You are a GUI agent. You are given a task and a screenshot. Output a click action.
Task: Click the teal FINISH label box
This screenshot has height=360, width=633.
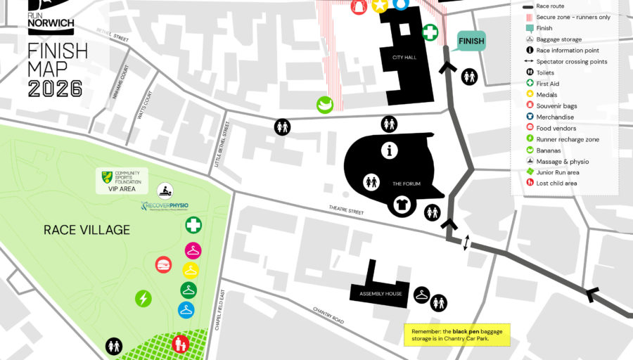(471, 41)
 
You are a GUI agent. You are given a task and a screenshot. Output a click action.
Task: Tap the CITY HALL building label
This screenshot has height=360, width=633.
(404, 58)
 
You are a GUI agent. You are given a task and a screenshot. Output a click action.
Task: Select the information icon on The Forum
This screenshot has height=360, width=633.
(389, 150)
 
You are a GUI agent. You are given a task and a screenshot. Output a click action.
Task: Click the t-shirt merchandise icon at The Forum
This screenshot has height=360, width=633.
(403, 205)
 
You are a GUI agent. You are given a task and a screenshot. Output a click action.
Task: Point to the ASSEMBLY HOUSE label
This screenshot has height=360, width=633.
(381, 293)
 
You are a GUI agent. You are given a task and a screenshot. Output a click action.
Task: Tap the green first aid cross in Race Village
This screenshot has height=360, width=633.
(193, 225)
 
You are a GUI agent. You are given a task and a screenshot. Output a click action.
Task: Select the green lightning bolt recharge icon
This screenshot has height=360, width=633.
(143, 299)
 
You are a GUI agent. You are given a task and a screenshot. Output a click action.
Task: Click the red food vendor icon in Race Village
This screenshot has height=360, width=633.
(163, 264)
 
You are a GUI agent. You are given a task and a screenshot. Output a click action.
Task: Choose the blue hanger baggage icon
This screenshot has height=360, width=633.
(186, 309)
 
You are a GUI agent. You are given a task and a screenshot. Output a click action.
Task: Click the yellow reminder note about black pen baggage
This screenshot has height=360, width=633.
(456, 335)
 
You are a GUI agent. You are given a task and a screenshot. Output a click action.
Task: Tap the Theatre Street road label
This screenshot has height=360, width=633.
(347, 209)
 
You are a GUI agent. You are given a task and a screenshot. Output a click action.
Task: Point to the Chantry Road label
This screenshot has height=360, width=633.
(328, 314)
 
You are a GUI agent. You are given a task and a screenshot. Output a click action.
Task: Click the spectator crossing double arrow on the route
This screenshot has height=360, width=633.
(465, 243)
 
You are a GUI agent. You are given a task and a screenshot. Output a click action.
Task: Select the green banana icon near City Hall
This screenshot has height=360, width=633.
(324, 105)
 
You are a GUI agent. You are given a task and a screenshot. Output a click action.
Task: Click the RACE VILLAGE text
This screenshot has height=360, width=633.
(87, 230)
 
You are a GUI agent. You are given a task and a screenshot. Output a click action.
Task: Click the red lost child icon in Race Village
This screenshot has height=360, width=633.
(181, 344)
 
